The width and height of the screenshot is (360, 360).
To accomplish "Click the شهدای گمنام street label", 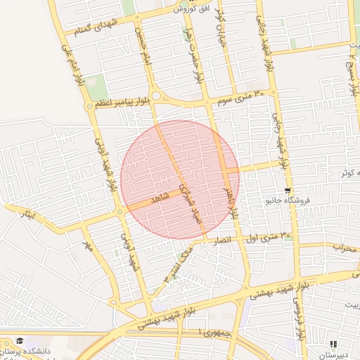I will click(x=88, y=27).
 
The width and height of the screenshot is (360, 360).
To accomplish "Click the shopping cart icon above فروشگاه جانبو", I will click(x=288, y=191).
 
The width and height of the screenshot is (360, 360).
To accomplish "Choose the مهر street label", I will click(x=89, y=247).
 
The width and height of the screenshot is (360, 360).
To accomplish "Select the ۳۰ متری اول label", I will click(x=266, y=237).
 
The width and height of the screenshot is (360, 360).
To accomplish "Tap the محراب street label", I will click(x=345, y=247).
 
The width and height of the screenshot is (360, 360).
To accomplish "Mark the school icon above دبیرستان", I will click(x=333, y=345).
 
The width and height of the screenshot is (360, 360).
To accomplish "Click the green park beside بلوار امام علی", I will click(x=96, y=85).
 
